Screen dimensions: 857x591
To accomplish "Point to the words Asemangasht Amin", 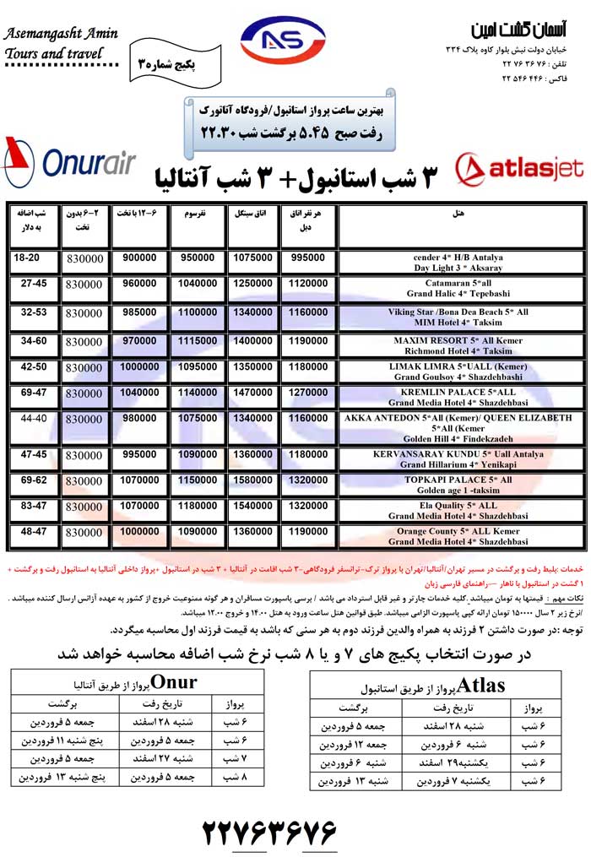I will tap(60, 35).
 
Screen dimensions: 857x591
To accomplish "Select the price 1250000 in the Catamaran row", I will tap(253, 285).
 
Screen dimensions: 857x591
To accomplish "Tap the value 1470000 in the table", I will tap(253, 393).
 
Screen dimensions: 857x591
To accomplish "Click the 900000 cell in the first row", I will tap(140, 257).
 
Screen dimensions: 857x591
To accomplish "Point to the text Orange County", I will tap(430, 531).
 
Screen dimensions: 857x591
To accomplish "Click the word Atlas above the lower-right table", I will tap(485, 686).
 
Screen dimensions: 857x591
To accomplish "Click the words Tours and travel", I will tap(54, 54).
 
